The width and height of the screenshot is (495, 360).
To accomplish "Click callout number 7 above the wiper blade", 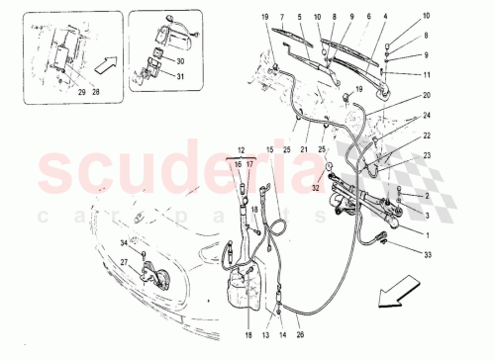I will pos(282,18).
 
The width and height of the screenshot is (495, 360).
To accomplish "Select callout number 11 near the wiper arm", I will pos(399,75).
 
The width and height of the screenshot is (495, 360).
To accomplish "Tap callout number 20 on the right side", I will pos(399,96).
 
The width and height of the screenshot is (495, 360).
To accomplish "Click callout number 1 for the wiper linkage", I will pos(399,235).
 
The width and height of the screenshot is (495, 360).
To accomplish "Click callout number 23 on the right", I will pos(399,155).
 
